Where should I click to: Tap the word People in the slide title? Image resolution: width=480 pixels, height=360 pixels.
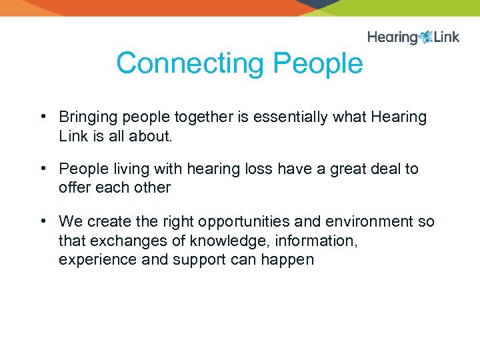point(318,64)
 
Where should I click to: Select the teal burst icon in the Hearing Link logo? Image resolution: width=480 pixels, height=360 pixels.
point(426,37)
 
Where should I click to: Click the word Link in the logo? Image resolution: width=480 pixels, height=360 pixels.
point(446,37)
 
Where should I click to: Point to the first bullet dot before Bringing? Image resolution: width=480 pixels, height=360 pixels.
point(41,117)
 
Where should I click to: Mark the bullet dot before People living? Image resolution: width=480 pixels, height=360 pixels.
point(41,169)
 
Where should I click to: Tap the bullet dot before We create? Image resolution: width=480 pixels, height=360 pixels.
point(41,221)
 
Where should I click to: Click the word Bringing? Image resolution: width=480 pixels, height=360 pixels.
point(85,117)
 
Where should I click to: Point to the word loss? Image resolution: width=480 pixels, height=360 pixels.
point(257,169)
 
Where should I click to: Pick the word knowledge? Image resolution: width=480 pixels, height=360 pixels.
point(221,240)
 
